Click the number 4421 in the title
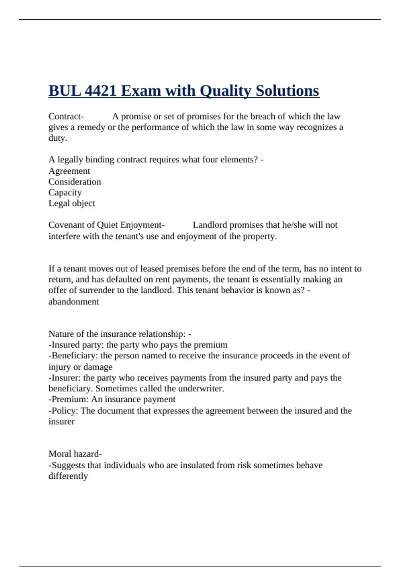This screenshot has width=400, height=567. (x=101, y=91)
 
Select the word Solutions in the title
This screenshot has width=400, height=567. (x=287, y=91)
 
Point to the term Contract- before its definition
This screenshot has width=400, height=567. (x=66, y=116)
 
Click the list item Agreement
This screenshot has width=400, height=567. (x=69, y=171)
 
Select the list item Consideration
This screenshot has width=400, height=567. (x=75, y=182)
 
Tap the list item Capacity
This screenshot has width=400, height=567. (x=65, y=192)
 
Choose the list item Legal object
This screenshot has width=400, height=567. (x=72, y=203)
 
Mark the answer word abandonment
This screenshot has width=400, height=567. (x=74, y=302)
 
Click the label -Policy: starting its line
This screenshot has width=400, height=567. (x=63, y=411)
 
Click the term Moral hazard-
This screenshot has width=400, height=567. (x=75, y=454)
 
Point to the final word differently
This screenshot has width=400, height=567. (x=68, y=476)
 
